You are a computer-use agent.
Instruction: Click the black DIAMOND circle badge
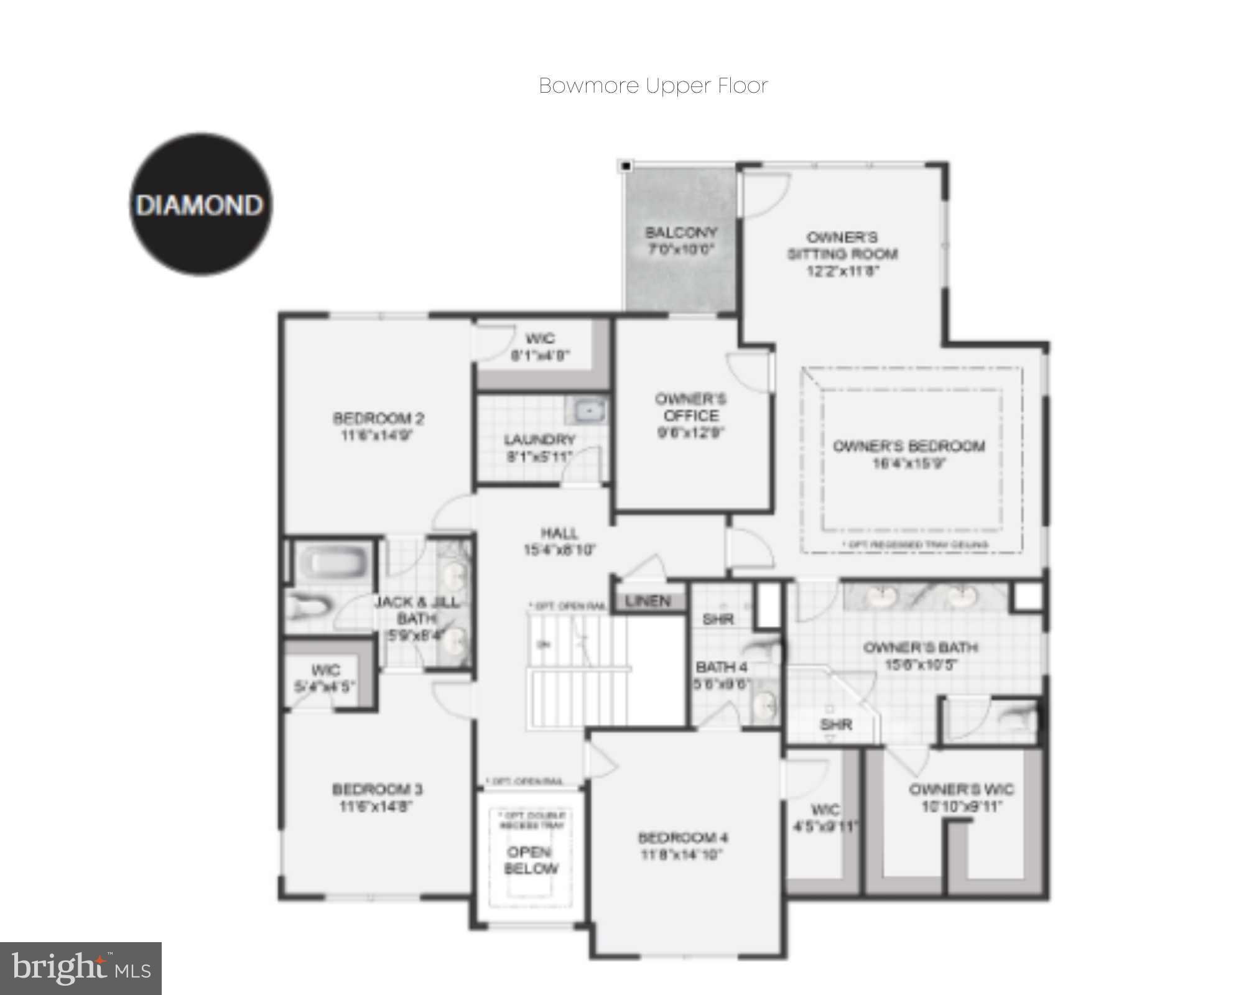click(200, 205)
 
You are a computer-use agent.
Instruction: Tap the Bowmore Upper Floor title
click(653, 86)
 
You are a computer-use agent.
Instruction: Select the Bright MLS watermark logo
click(81, 968)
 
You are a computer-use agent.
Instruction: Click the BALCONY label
click(681, 233)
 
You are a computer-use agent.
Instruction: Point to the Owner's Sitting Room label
click(843, 246)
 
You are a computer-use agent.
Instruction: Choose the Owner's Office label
click(690, 407)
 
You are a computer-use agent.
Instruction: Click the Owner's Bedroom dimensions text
click(909, 463)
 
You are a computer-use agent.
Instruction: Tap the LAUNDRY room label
click(539, 440)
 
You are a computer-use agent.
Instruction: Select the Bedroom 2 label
click(378, 418)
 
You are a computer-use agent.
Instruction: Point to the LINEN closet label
click(648, 601)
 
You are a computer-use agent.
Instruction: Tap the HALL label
click(559, 533)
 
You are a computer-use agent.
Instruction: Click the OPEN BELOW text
click(531, 860)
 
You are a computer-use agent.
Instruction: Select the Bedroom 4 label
click(682, 838)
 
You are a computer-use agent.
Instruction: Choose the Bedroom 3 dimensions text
click(377, 807)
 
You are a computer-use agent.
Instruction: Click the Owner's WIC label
click(961, 790)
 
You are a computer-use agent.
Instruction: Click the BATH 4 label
click(722, 667)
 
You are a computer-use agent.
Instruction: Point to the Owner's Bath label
click(921, 647)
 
